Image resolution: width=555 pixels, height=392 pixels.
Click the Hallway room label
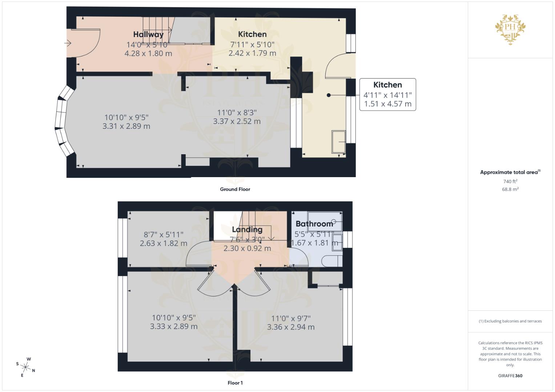point(148,34)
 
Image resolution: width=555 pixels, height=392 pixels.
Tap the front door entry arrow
point(68,44)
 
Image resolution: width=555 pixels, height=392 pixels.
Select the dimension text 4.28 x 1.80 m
point(148,53)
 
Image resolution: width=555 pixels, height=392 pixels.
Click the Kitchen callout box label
point(387,85)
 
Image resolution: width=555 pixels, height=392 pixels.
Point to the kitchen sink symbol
point(338,142)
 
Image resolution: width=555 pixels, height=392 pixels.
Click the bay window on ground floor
point(62,121)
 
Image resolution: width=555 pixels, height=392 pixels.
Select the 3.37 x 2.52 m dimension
point(237,121)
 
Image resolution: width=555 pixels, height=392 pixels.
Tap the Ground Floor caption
point(235,189)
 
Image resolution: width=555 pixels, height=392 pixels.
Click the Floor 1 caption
point(235,383)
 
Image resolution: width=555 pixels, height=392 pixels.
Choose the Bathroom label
point(314,224)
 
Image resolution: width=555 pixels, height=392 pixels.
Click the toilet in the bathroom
point(333,261)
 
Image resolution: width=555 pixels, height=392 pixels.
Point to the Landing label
point(247,229)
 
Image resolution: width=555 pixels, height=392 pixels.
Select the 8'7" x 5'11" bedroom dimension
point(164,235)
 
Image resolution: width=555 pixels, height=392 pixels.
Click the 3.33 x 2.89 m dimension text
point(174,326)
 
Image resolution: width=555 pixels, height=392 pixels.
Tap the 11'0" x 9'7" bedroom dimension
point(291,318)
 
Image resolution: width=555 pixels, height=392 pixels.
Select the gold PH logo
point(510,29)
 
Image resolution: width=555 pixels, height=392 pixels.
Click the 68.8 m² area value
point(510,189)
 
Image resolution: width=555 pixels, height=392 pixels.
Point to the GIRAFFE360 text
point(510,376)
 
